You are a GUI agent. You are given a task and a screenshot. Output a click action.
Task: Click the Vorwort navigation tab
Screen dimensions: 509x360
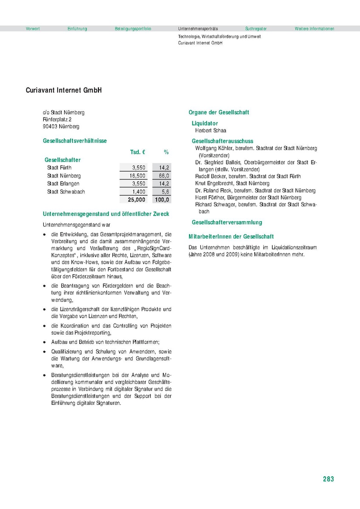[x=33, y=29]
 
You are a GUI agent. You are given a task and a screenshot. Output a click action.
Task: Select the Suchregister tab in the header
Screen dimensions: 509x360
[x=256, y=29]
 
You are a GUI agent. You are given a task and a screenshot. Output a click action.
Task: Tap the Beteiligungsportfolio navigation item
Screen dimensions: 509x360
[x=133, y=29]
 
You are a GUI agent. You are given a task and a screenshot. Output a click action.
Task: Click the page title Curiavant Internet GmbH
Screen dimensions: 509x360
[x=63, y=91]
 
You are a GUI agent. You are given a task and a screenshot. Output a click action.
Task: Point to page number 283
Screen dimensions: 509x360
[x=328, y=479]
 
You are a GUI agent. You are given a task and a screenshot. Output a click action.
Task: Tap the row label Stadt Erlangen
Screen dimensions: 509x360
[x=63, y=184]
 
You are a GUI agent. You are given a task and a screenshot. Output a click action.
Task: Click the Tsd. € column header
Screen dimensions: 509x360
[x=137, y=152]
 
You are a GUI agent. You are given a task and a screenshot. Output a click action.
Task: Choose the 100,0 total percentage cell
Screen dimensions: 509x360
[x=162, y=200]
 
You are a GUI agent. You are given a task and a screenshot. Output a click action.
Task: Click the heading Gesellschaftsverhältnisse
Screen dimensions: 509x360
[x=74, y=140]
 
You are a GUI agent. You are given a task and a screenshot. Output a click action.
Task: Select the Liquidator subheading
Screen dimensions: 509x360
[x=205, y=123]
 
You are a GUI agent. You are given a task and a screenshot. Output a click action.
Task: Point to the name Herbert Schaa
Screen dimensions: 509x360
[x=211, y=131]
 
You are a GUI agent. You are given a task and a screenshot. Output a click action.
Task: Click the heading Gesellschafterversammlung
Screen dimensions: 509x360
[x=227, y=222]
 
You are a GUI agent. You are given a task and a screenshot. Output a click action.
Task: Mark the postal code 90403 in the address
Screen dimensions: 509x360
[x=50, y=126]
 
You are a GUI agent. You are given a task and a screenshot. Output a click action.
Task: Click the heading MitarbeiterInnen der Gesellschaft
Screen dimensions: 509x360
[x=231, y=236]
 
